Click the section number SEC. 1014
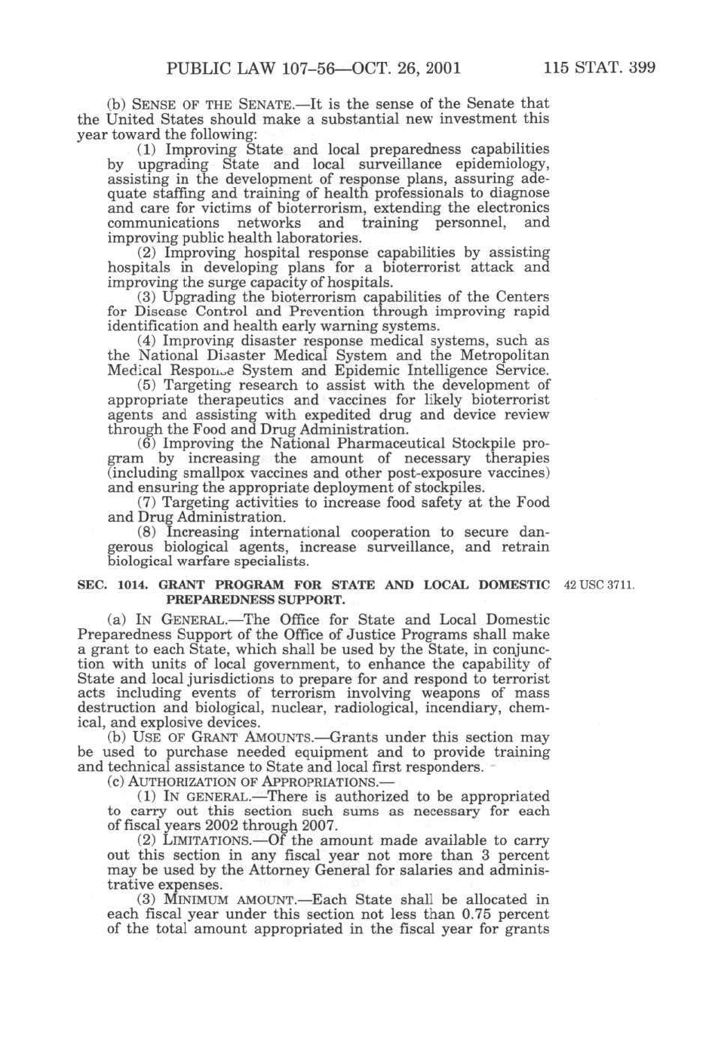106,585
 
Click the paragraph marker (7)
147,502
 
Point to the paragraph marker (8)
147,532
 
